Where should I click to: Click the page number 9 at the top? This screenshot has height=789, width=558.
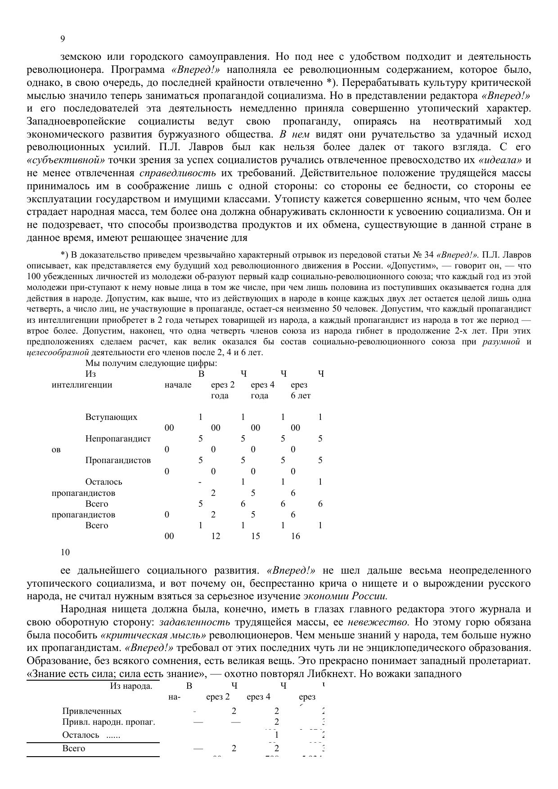click(63, 39)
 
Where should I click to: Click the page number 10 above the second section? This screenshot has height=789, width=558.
click(65, 552)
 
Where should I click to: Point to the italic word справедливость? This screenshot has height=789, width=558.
click(178, 173)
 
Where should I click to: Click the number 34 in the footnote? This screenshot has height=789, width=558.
click(428, 254)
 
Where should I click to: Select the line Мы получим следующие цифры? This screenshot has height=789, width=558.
click(151, 363)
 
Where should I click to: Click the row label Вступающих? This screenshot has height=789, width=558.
click(111, 417)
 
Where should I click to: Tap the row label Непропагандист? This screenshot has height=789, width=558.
click(118, 438)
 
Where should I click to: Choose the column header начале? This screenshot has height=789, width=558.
click(178, 385)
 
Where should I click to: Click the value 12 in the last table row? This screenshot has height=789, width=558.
click(216, 536)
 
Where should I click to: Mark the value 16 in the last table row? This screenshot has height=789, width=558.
click(295, 536)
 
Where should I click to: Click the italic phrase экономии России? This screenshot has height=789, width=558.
click(345, 597)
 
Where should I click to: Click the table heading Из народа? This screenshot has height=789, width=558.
click(131, 686)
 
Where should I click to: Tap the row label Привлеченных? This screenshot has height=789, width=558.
click(92, 711)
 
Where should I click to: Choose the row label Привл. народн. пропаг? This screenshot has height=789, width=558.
click(108, 722)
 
